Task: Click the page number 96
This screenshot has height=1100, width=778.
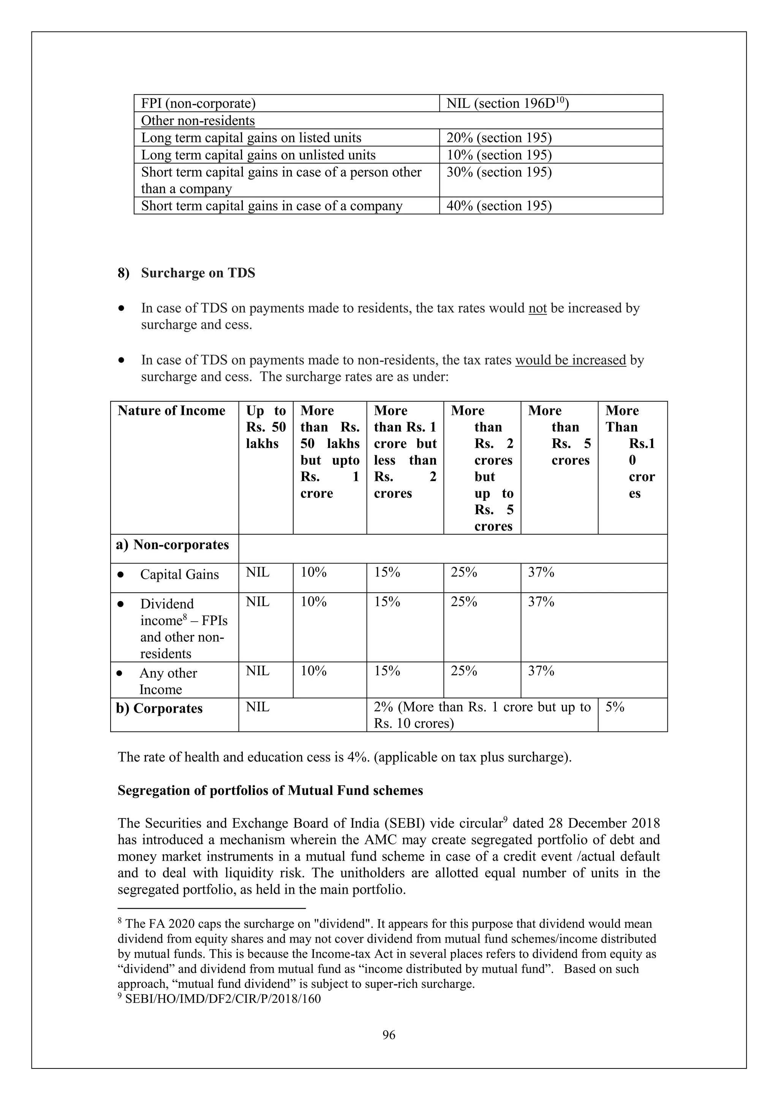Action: (389, 1035)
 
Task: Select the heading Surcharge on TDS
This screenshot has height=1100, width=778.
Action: (198, 273)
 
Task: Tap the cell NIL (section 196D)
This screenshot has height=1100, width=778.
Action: (507, 103)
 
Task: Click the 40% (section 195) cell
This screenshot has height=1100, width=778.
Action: (499, 206)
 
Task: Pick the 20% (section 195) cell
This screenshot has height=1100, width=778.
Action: (499, 138)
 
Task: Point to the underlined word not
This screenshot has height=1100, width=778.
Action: (537, 308)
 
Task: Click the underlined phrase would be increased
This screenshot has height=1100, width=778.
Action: (570, 360)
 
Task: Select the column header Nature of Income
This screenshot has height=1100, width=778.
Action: (171, 411)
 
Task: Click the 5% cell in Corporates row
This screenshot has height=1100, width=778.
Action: (615, 707)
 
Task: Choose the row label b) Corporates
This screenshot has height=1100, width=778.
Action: (160, 709)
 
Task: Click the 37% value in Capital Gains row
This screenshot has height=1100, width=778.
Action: (541, 573)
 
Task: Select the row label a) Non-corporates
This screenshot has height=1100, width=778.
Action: (172, 545)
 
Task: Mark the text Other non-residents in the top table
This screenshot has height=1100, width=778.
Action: (198, 121)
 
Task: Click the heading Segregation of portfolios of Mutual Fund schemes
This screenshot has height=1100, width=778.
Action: (270, 790)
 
